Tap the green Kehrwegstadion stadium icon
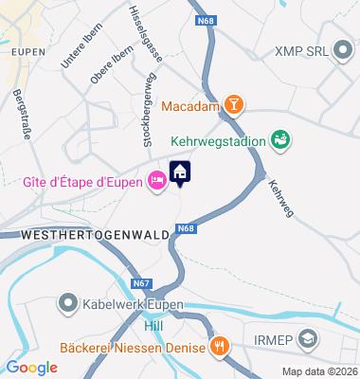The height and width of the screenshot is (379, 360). click(279, 140)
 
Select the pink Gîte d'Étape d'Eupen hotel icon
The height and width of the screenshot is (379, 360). click(156, 180)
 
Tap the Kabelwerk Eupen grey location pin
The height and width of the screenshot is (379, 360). click(67, 304)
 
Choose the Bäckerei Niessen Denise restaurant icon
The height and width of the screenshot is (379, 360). click(219, 346)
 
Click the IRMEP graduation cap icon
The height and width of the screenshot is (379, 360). click(308, 338)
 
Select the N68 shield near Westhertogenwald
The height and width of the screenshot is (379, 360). click(186, 229)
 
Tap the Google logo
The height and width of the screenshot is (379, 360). click(31, 367)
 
